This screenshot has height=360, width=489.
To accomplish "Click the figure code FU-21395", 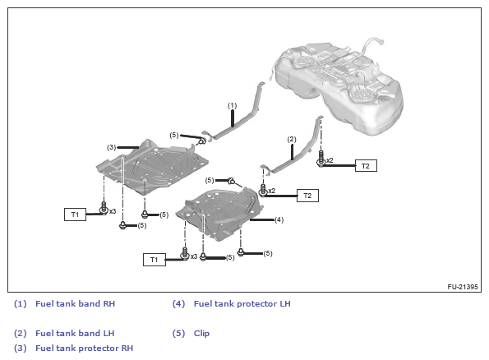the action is click(x=463, y=286).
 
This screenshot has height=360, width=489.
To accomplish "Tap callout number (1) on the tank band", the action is click(x=232, y=106).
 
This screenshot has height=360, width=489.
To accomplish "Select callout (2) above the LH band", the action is click(x=292, y=139).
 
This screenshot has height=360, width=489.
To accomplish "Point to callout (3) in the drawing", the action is click(x=111, y=147).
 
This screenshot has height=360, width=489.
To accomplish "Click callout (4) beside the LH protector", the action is click(x=279, y=220).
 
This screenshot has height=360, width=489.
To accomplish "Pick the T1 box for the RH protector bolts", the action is click(x=75, y=215).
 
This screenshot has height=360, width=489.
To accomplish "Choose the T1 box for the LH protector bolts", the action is click(x=154, y=260).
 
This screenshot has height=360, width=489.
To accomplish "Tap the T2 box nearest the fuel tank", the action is click(x=366, y=166).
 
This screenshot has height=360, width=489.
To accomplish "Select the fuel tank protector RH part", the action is click(x=152, y=168).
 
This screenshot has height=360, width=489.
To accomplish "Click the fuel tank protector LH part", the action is click(x=219, y=214).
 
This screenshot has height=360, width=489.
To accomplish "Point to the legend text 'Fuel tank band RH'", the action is click(x=75, y=303).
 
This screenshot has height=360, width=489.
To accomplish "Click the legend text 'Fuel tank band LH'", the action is click(x=75, y=333).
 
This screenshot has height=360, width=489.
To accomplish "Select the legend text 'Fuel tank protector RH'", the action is click(x=84, y=348).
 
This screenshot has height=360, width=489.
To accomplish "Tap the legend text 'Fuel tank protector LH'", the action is click(x=242, y=303).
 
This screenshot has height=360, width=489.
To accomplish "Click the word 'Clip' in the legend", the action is click(x=201, y=333).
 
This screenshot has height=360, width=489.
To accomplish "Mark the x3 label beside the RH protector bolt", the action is click(x=113, y=211).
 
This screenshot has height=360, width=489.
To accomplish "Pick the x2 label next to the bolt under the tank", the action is click(x=330, y=160).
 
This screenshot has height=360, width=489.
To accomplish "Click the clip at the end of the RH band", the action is click(x=202, y=141).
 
